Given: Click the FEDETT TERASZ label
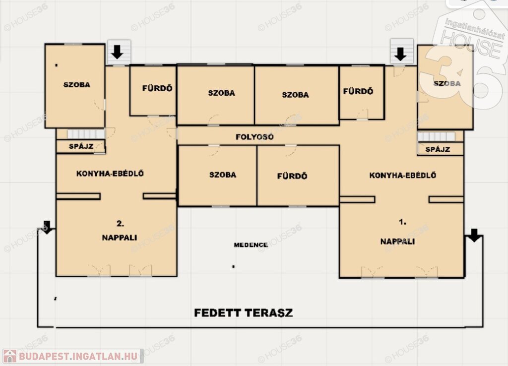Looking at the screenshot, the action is pyautogui.click(x=243, y=313).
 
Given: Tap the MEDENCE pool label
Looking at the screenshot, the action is pyautogui.click(x=251, y=245).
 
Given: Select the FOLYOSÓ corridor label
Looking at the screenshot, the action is pyautogui.click(x=254, y=137).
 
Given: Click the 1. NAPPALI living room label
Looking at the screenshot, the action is pyautogui.click(x=398, y=232).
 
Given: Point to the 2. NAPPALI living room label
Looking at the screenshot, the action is pyautogui.click(x=120, y=231).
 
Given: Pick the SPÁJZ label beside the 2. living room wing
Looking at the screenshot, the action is pyautogui.click(x=81, y=146).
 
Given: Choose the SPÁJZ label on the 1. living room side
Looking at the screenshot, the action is pyautogui.click(x=438, y=149).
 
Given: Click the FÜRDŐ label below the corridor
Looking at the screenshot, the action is pyautogui.click(x=292, y=176).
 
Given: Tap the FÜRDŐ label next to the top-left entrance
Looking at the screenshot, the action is pyautogui.click(x=157, y=88).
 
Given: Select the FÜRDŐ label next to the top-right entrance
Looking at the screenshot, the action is pyautogui.click(x=358, y=91).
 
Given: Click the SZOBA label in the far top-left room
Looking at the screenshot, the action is pyautogui.click(x=77, y=85).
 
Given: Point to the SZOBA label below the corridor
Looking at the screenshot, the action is pyautogui.click(x=223, y=175).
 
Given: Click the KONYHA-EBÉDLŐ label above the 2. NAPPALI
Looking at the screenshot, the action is pyautogui.click(x=110, y=174).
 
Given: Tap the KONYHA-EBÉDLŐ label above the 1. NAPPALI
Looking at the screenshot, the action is pyautogui.click(x=403, y=175).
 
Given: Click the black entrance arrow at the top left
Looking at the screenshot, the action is pyautogui.click(x=117, y=52).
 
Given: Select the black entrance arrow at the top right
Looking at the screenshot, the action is pyautogui.click(x=400, y=54).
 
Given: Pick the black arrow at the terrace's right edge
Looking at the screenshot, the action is pyautogui.click(x=474, y=236).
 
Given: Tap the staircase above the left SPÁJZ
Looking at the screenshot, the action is pyautogui.click(x=86, y=134).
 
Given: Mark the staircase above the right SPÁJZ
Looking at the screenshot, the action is pyautogui.click(x=437, y=137).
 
